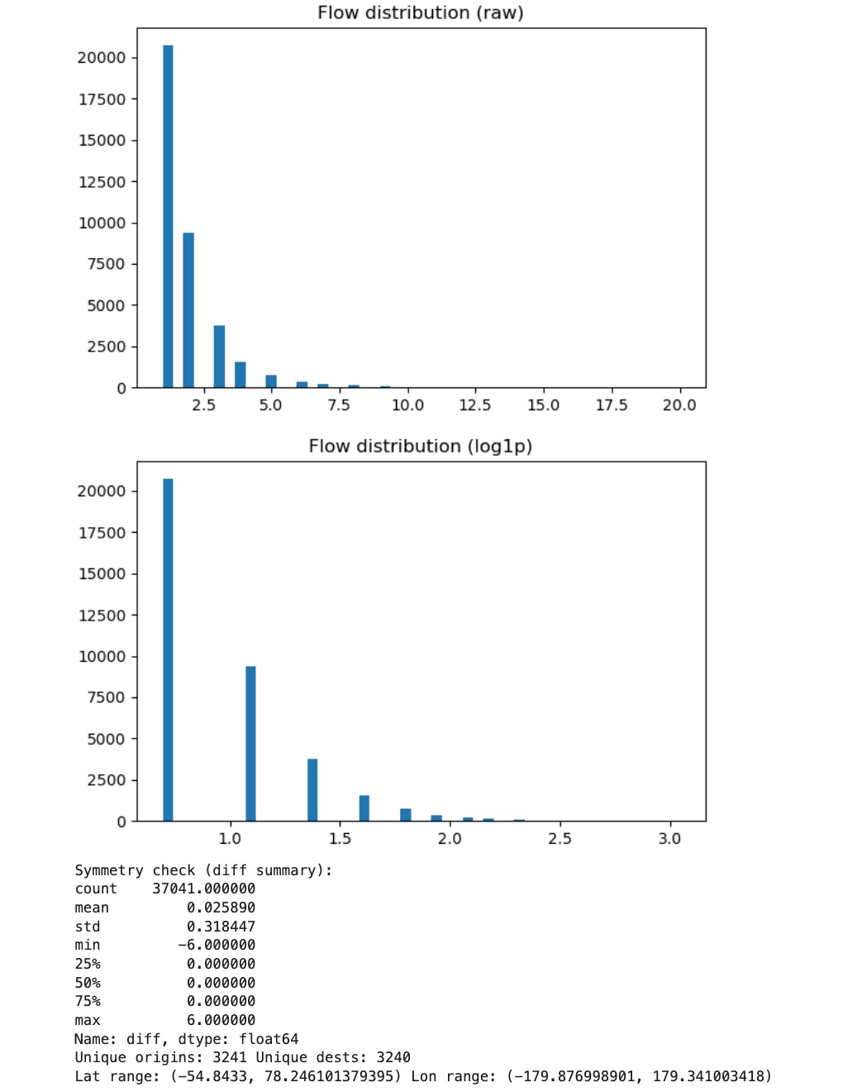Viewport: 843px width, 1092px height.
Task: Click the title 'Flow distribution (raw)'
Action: [x=420, y=13]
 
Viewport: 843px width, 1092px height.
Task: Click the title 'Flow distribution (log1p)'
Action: [x=420, y=447]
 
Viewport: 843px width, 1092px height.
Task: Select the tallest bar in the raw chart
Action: [x=168, y=215]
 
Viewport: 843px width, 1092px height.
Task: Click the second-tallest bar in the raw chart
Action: [x=188, y=310]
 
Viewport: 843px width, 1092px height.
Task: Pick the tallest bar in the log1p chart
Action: [x=168, y=649]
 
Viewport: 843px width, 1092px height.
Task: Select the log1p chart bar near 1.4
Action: [x=312, y=789]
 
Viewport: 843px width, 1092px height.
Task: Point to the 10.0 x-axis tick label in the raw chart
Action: [x=407, y=405]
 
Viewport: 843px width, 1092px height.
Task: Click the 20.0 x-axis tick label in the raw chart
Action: [x=679, y=405]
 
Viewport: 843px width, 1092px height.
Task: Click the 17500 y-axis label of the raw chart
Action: [x=102, y=99]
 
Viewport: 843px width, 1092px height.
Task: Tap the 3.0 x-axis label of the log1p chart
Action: [x=669, y=839]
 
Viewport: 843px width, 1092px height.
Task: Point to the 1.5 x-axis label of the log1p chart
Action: [x=340, y=839]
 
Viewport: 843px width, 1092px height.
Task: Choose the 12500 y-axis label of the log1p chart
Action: [x=102, y=615]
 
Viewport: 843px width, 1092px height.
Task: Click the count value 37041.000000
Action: [x=203, y=889]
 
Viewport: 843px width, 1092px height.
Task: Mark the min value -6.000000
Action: [x=217, y=946]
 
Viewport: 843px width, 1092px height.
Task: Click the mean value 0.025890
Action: [x=221, y=908]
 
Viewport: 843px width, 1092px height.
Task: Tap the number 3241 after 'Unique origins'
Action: [x=229, y=1058]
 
